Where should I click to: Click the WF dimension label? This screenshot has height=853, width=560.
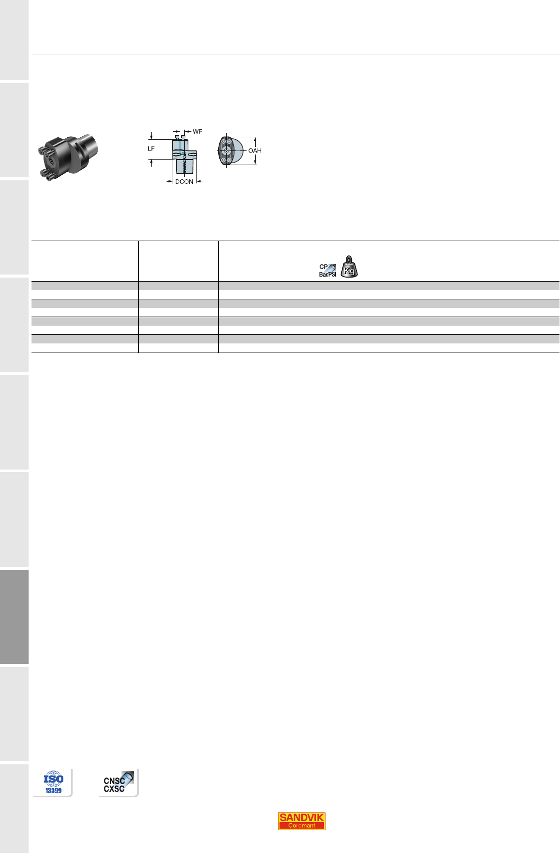[197, 131]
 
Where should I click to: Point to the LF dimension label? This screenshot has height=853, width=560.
[151, 148]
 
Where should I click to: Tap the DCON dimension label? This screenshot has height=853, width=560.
[184, 182]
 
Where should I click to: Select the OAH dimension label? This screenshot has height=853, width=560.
[255, 150]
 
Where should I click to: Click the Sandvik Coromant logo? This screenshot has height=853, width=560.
[301, 821]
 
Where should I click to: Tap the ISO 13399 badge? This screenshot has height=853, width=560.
[53, 783]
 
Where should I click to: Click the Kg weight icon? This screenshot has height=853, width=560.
[349, 266]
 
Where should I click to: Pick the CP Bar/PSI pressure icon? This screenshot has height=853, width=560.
[328, 270]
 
